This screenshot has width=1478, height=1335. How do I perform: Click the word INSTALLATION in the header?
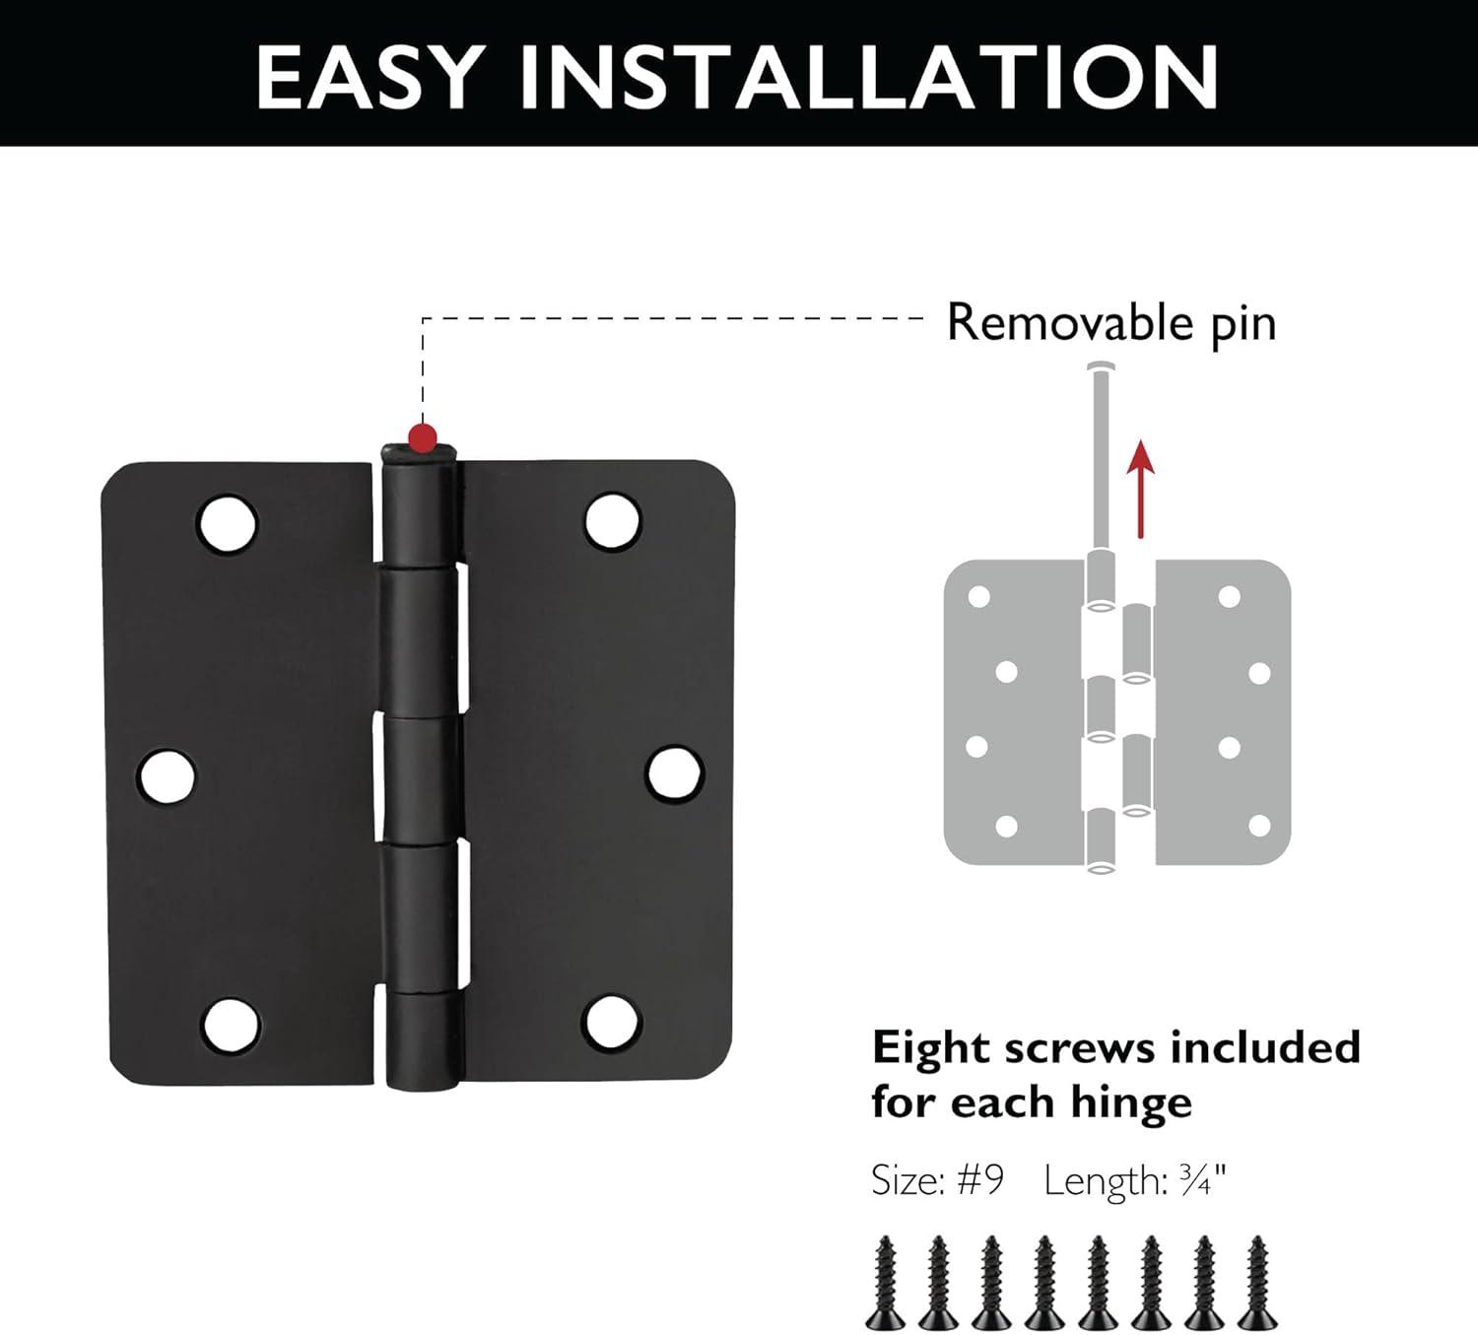870,76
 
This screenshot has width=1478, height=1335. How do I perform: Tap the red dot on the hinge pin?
423,434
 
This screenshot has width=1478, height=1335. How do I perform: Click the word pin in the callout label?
1243,324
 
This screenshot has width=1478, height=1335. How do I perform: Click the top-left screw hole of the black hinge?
228,522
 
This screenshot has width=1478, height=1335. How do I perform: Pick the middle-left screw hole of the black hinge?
168,775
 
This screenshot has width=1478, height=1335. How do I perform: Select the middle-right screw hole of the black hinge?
675,772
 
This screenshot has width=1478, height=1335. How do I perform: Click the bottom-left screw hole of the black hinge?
231,1026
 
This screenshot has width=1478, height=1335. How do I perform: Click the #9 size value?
980,1178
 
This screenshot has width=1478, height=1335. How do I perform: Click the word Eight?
932,1048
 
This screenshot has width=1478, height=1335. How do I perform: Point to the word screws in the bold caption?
1066,1048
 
